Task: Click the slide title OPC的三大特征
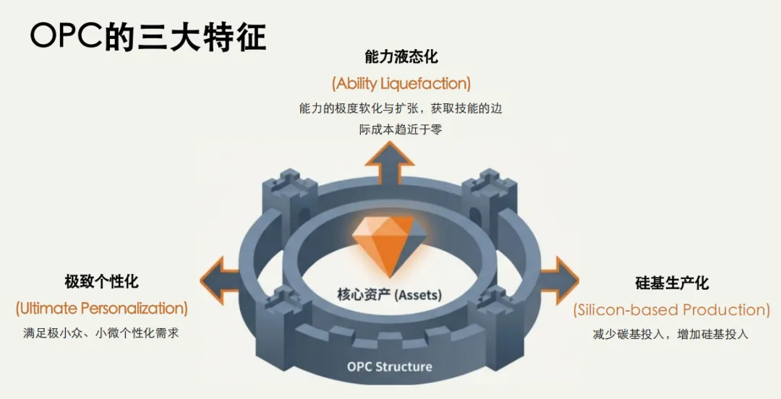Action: (x=148, y=36)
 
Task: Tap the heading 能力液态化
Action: (x=401, y=56)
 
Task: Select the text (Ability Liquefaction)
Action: (x=401, y=83)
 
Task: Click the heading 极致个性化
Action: (x=101, y=281)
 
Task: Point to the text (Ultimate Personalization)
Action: (x=101, y=309)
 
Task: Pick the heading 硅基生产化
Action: (x=672, y=283)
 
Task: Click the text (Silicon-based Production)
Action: (x=672, y=310)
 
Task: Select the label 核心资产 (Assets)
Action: (x=389, y=295)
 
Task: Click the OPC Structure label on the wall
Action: (x=389, y=366)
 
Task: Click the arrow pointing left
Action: (x=219, y=280)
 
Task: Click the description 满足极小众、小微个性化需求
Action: (x=101, y=334)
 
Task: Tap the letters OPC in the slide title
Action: (x=67, y=36)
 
